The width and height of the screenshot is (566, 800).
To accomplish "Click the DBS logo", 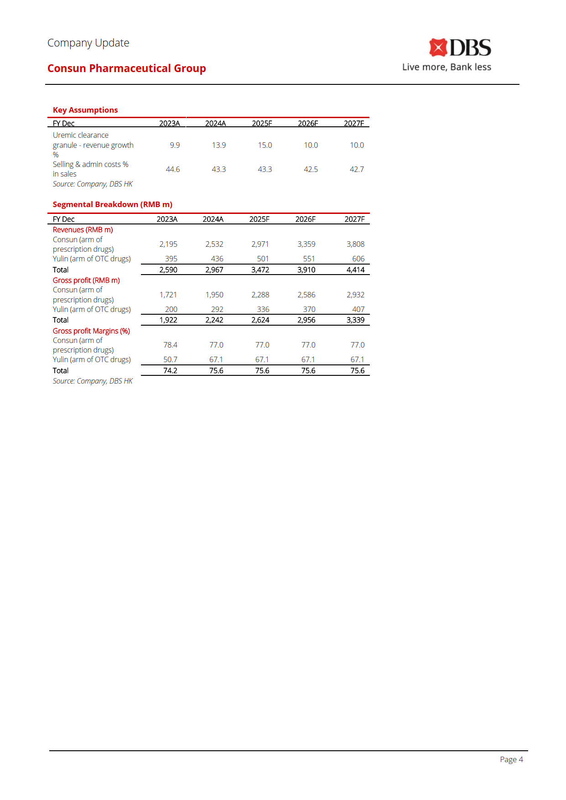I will click(x=460, y=48).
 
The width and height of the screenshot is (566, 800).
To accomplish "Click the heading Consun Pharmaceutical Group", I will click(x=127, y=68).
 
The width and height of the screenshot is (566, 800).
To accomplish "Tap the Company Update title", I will click(x=88, y=43).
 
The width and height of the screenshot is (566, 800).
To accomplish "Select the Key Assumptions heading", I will click(x=85, y=110).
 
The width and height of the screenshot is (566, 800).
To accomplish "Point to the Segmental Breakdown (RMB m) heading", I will click(x=113, y=204).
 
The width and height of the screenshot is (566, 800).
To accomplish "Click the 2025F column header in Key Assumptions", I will click(x=262, y=123).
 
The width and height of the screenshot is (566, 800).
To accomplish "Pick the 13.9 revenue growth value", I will click(x=218, y=145).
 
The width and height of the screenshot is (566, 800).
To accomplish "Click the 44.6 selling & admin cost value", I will click(x=172, y=169).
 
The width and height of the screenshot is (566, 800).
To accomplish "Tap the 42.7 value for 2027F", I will click(x=357, y=169).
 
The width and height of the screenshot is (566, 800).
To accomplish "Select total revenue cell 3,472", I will click(x=260, y=270).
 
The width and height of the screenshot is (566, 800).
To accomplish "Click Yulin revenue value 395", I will click(x=171, y=259).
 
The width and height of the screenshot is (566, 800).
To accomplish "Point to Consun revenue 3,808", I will click(x=355, y=244).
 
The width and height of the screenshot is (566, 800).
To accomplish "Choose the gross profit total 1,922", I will click(x=168, y=320).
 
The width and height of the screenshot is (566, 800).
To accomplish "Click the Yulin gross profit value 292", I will click(x=217, y=309).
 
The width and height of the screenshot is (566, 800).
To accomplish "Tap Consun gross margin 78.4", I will click(x=170, y=345).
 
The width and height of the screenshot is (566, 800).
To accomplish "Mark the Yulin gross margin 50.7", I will click(x=170, y=359).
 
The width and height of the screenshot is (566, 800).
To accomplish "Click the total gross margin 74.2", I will click(x=170, y=370).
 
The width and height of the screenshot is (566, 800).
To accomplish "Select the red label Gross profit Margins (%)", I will click(x=91, y=331).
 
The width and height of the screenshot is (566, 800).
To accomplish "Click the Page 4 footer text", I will click(x=511, y=759).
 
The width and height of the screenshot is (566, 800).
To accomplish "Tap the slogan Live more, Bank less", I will click(x=447, y=67).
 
